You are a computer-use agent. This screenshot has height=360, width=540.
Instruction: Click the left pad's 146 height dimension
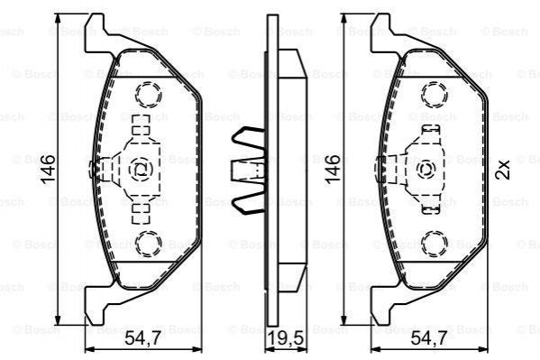50,167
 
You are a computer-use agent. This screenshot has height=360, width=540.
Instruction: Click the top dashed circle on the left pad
145,92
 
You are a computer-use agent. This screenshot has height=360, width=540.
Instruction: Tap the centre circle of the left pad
141,167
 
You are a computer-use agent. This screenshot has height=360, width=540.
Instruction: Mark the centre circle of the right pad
427,167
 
